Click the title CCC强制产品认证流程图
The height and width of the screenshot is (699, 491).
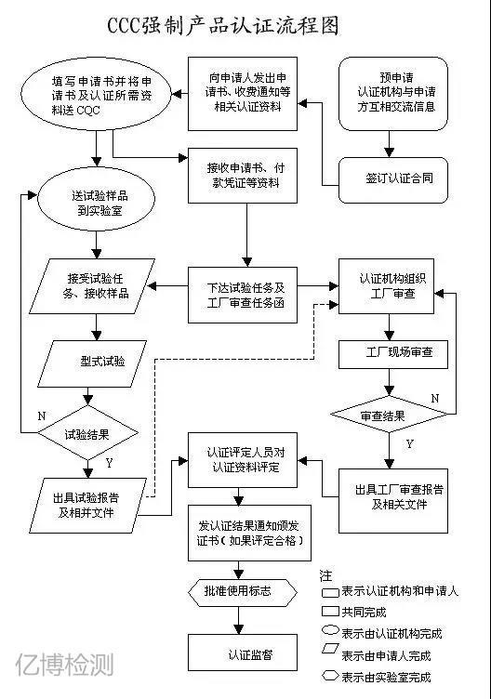coord(245,25)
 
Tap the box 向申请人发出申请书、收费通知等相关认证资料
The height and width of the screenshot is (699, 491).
coord(245,95)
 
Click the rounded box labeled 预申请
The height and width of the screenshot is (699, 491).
coord(393,94)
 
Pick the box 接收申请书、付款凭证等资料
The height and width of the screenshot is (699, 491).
coord(245,176)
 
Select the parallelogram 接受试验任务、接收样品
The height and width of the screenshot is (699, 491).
coord(92,285)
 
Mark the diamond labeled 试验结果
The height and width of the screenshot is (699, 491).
coord(89,433)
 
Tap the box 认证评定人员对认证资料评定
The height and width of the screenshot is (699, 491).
coord(245,461)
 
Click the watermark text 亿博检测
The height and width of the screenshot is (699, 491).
coord(65,666)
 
